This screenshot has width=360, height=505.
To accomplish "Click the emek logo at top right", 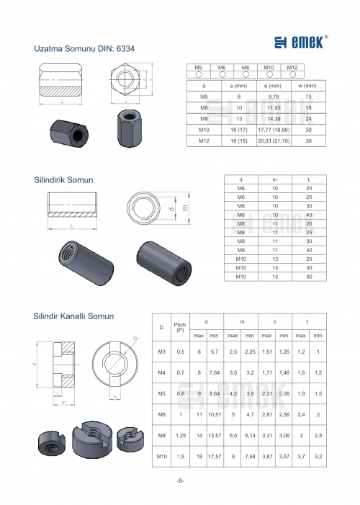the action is (301, 43).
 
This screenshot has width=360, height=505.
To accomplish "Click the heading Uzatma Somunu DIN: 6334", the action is (84, 49).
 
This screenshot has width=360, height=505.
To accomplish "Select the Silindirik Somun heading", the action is (63, 179).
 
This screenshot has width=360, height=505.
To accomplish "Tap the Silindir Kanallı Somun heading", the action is (73, 316).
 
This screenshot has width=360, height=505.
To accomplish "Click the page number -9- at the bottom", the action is (180, 481).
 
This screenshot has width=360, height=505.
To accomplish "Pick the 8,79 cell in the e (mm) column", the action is (274, 97).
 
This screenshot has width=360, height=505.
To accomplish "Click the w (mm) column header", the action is (308, 86).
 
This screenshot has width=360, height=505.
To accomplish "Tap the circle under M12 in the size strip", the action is (292, 74).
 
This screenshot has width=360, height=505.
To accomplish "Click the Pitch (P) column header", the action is (180, 327).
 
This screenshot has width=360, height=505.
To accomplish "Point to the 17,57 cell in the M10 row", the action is (215, 456).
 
